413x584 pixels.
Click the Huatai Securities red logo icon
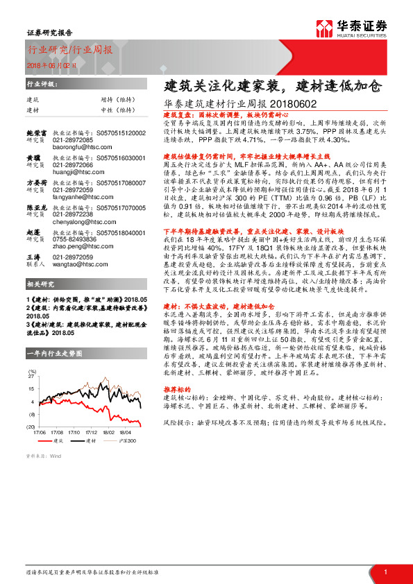(x=323, y=28)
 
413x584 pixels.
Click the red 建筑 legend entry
(x=56, y=440)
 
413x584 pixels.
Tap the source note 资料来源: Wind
(x=43, y=456)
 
